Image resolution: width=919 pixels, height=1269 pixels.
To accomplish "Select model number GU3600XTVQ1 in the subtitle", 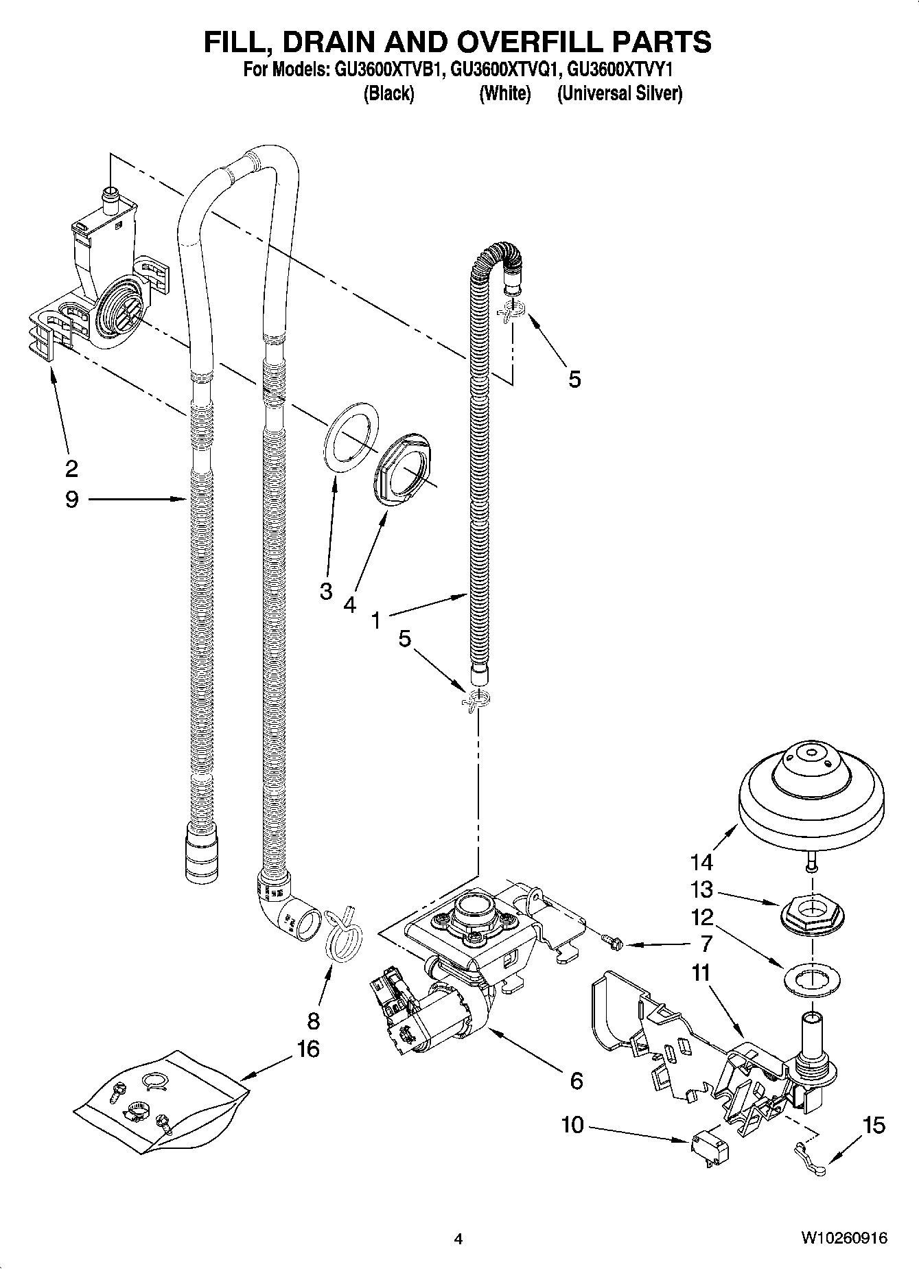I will click(506, 69).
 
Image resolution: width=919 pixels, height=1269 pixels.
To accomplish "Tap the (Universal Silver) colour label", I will click(620, 94).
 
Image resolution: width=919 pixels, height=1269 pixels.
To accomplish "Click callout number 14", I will click(701, 861).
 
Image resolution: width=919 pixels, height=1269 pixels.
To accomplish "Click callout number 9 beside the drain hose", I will click(72, 500).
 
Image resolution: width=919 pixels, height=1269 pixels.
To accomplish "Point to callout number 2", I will click(71, 468).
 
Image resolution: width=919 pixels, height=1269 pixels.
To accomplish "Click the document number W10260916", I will click(843, 1238).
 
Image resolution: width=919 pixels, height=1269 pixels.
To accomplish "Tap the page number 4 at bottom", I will click(458, 1239).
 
